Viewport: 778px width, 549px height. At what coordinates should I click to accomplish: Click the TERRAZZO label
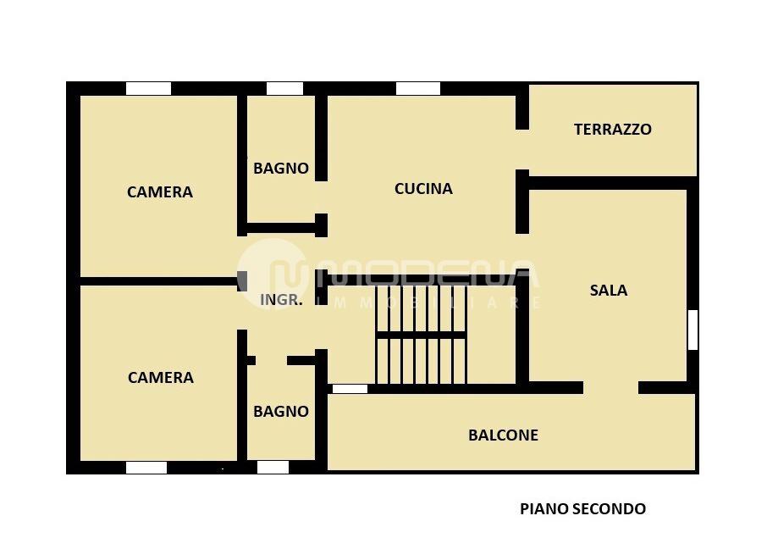coord(612,130)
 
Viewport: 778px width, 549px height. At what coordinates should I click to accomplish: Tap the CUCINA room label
coord(423,189)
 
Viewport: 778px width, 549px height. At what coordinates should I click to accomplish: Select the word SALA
coord(608,291)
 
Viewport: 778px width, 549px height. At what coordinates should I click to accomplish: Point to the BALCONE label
coord(503,435)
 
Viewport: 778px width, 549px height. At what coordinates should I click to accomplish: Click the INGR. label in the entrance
coord(280,299)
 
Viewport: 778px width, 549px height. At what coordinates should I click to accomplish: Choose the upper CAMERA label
coord(159,192)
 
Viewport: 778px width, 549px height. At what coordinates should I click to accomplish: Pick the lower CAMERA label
coord(160,378)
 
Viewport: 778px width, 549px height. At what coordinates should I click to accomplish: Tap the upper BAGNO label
coord(280,169)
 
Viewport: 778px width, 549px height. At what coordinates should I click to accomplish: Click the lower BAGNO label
coord(280,412)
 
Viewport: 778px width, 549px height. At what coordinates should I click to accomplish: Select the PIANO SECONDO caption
coord(582,509)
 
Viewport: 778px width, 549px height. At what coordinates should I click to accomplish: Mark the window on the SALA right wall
coord(692,330)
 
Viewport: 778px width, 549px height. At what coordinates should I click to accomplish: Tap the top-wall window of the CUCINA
coord(417,88)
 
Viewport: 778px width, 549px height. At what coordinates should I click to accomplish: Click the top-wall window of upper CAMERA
coord(148,88)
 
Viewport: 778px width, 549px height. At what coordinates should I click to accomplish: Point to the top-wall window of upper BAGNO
coord(284,88)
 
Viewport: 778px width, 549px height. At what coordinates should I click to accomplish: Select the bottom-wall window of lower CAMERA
coord(146,467)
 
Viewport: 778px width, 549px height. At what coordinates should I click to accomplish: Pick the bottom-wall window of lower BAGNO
coord(273,467)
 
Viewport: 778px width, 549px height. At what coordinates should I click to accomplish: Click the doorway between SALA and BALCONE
coord(610,388)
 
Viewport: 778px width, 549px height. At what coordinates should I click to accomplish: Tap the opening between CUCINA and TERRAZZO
coord(522,150)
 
